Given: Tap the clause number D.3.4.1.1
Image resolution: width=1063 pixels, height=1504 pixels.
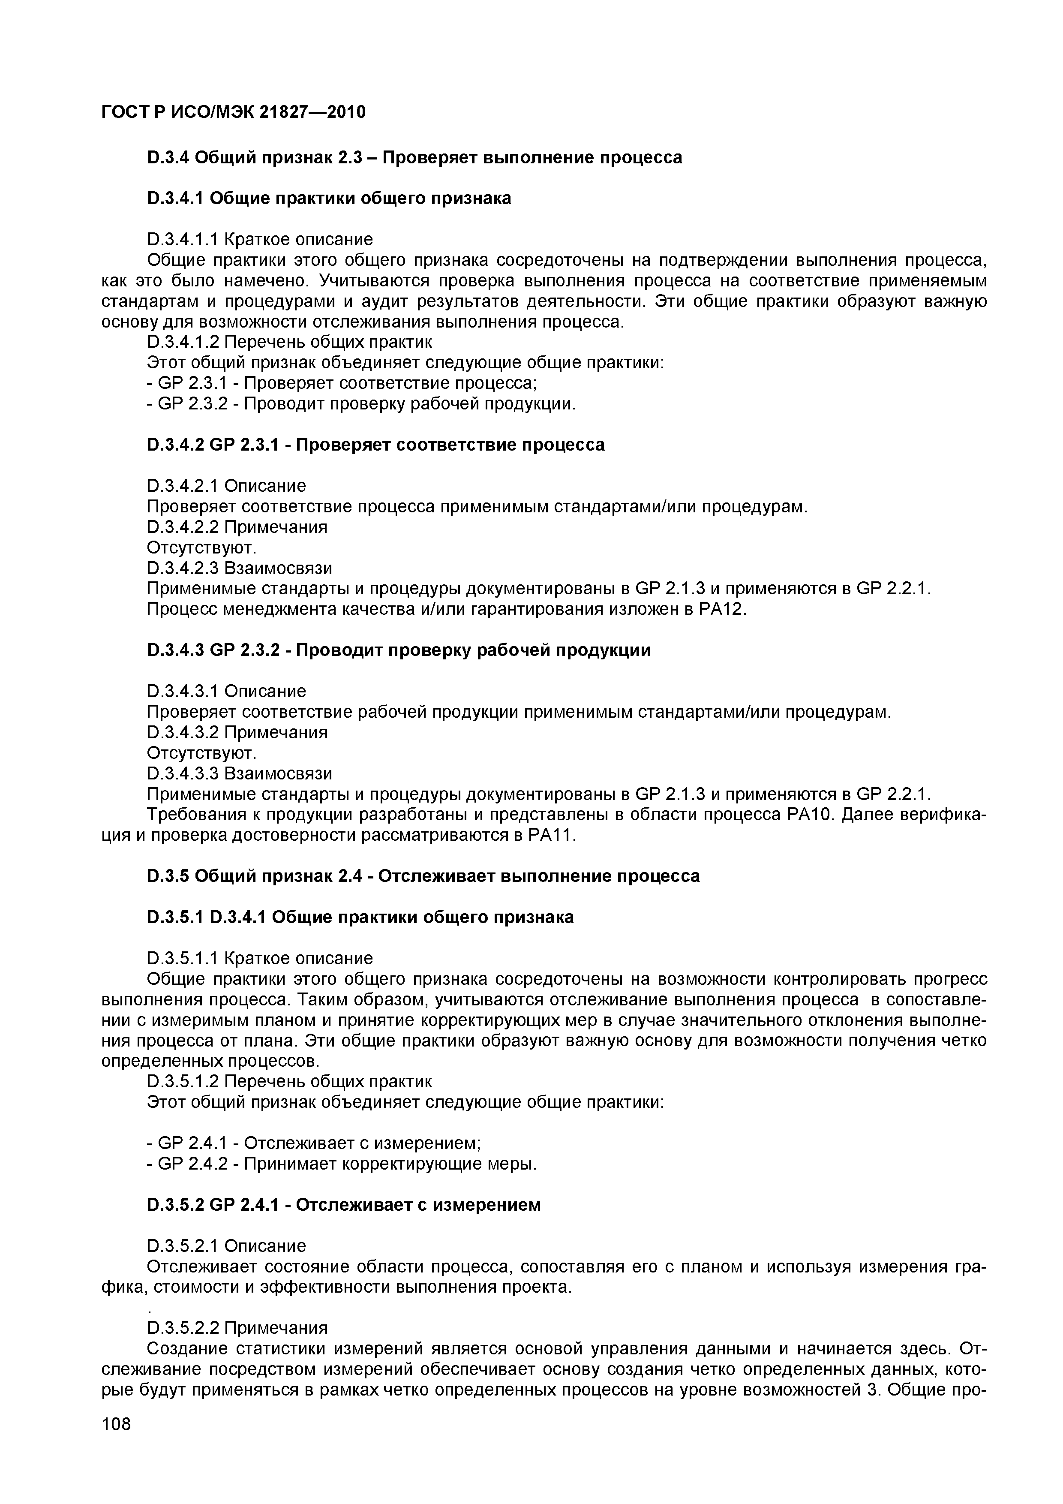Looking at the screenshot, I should coord(182,240).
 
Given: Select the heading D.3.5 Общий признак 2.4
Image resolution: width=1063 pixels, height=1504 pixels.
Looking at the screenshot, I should coord(423,876).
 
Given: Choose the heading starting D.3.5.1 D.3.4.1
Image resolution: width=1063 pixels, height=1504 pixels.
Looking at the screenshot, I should coord(360,917).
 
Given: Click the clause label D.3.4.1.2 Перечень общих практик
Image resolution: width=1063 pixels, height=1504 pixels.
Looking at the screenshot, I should coord(289,342).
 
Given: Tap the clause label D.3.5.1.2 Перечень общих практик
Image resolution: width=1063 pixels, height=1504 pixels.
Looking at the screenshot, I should coord(289,1082).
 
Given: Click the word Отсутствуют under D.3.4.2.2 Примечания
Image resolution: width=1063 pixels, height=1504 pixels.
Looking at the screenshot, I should coord(201,547).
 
